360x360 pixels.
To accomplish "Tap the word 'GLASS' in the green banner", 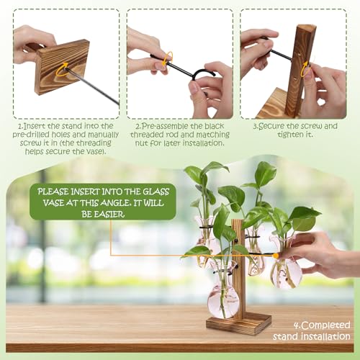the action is click(156, 192).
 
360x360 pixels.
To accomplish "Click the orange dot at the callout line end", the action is click(276, 256).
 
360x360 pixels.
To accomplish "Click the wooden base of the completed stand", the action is click(239, 324).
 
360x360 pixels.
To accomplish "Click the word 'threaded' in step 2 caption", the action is click(147, 135).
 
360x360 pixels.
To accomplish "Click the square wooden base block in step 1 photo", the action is click(62, 67).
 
